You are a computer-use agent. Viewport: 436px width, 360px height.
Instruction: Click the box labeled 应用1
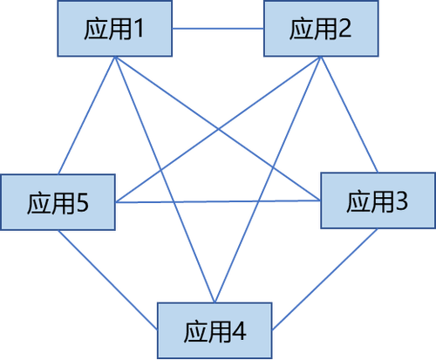click(115, 29)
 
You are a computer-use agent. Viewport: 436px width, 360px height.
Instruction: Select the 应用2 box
click(321, 29)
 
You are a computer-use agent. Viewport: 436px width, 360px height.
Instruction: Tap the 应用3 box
click(378, 200)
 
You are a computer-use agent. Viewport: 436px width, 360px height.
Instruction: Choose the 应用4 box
click(215, 330)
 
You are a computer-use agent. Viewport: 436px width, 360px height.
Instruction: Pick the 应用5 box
click(58, 202)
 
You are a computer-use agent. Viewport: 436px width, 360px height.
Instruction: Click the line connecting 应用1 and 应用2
click(218, 29)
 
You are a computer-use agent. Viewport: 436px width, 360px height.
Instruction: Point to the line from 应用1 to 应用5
click(86, 115)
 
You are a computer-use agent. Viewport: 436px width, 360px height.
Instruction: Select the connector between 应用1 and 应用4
click(165, 180)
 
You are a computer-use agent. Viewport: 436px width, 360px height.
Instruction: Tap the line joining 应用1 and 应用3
click(218, 128)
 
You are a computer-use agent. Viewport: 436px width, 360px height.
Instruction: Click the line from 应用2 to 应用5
click(218, 129)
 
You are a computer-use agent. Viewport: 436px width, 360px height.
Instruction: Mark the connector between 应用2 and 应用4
click(268, 180)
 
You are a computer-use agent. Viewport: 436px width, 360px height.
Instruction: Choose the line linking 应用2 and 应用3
click(350, 114)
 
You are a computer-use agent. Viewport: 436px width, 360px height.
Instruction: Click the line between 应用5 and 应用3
click(218, 201)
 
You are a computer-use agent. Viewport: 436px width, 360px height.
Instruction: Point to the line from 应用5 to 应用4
click(107, 280)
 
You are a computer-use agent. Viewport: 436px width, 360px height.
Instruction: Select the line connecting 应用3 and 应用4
click(325, 280)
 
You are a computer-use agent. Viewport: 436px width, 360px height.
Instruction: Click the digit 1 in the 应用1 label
click(140, 29)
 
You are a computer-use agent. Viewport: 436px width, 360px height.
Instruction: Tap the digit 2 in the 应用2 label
click(344, 28)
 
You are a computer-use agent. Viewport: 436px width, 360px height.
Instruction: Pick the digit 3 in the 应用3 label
click(401, 201)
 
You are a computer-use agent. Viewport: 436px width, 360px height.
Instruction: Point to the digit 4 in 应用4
click(239, 331)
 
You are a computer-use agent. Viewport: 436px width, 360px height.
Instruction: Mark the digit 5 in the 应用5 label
click(82, 202)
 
